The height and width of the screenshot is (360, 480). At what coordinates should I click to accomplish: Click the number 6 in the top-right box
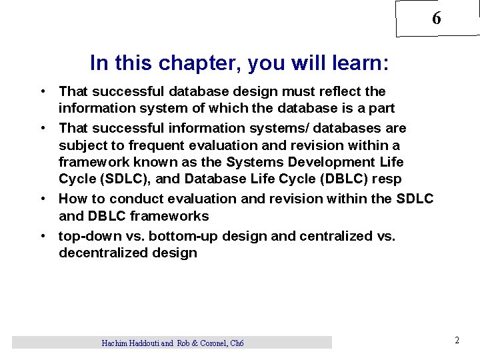coord(436,19)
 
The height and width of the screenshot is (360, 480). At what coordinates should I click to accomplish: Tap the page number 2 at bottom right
coord(457,340)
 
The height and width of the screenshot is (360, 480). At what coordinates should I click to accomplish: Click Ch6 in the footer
coord(237,343)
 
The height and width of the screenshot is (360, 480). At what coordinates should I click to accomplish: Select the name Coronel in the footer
coord(211,343)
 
